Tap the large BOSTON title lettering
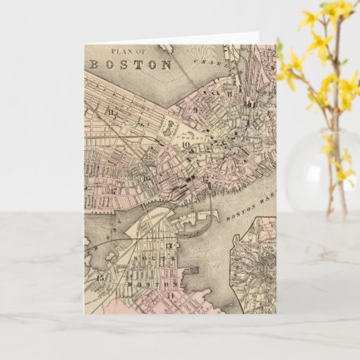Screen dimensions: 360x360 click(131, 64)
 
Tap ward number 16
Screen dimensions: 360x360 click(145, 177)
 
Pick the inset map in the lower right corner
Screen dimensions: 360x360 click(258, 265)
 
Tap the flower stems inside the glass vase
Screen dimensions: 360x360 click(330, 176)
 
